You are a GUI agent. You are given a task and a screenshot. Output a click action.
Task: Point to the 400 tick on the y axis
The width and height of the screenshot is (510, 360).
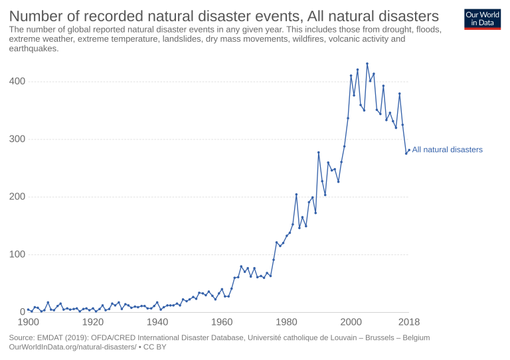17,82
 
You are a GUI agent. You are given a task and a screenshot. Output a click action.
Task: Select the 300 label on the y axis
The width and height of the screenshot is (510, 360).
17,139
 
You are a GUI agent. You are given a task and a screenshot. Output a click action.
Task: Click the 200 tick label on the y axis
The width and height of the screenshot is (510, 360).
17,197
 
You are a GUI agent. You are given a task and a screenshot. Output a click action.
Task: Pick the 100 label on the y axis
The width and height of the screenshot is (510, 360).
17,254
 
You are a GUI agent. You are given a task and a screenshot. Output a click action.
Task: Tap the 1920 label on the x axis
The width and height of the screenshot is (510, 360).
92,323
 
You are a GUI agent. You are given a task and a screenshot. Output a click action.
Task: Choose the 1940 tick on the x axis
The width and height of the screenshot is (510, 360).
157,323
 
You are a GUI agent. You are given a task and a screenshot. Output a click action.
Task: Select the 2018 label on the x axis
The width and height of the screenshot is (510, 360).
409,323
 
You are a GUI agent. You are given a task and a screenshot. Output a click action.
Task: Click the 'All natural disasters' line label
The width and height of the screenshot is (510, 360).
447,150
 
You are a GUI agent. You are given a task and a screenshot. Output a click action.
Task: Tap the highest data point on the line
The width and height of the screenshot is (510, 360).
367,64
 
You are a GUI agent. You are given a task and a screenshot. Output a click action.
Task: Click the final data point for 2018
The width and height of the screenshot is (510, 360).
409,149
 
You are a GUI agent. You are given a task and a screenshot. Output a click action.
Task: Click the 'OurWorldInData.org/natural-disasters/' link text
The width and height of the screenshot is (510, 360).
72,347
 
